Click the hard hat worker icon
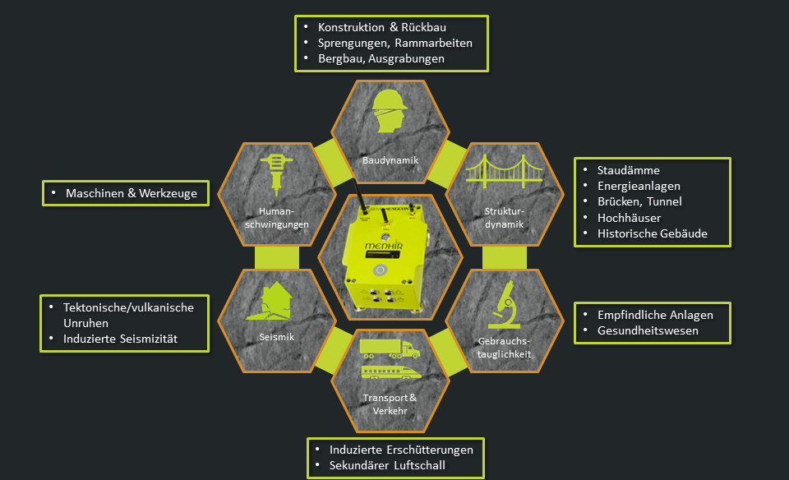click(390, 113)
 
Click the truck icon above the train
click(390, 348)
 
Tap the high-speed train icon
click(390, 372)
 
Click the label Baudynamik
click(390, 159)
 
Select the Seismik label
click(276, 337)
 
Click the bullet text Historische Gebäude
click(652, 233)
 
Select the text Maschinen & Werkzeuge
click(131, 193)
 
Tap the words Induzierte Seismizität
click(120, 339)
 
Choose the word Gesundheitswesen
click(648, 330)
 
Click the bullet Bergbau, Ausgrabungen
click(381, 58)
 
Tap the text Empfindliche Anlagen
click(655, 315)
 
